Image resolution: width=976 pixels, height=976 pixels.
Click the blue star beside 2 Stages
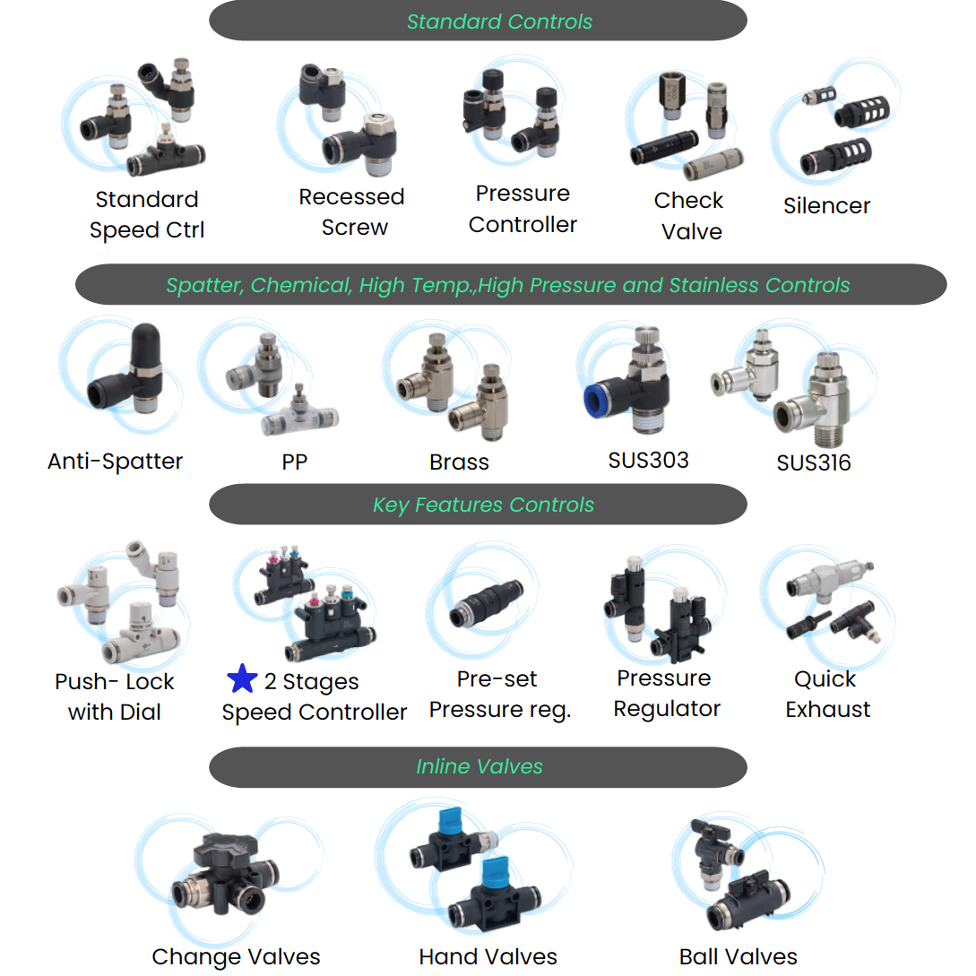242,679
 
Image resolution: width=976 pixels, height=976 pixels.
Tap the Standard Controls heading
499,22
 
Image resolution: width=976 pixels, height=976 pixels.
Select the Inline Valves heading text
479,767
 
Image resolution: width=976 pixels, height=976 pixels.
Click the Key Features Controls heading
483,505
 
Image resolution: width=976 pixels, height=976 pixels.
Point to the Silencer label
826,205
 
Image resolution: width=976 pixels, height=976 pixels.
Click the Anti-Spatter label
115,462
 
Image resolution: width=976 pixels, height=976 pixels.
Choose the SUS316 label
814,462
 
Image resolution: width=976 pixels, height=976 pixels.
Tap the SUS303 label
648,461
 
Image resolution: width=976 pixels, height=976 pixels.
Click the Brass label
459,462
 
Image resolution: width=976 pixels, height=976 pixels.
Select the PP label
294,462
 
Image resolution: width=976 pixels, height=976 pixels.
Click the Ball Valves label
738,956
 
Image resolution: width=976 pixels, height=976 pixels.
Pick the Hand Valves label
488,956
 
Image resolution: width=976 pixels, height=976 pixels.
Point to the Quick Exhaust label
827,694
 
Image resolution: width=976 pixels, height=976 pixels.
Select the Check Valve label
689,216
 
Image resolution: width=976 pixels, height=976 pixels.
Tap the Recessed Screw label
352,212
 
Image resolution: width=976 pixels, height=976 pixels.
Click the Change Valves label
236,956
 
